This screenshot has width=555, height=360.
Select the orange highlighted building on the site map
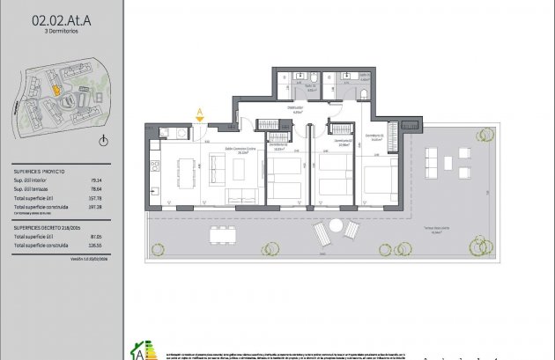tap(53, 88)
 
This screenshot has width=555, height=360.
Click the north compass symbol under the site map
tap(103, 140)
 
